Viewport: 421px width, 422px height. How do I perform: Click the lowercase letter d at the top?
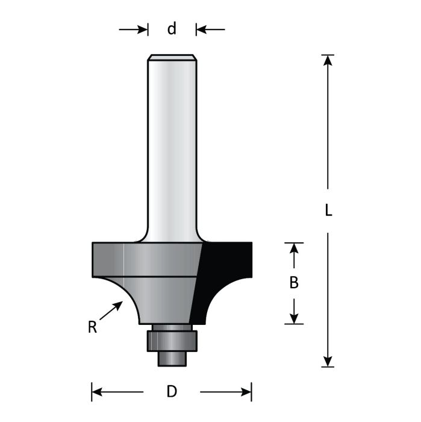click(x=172, y=28)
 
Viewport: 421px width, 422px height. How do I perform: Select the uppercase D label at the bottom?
click(x=172, y=392)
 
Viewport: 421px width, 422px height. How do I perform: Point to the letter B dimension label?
click(x=294, y=283)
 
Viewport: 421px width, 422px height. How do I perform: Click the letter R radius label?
click(x=92, y=327)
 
